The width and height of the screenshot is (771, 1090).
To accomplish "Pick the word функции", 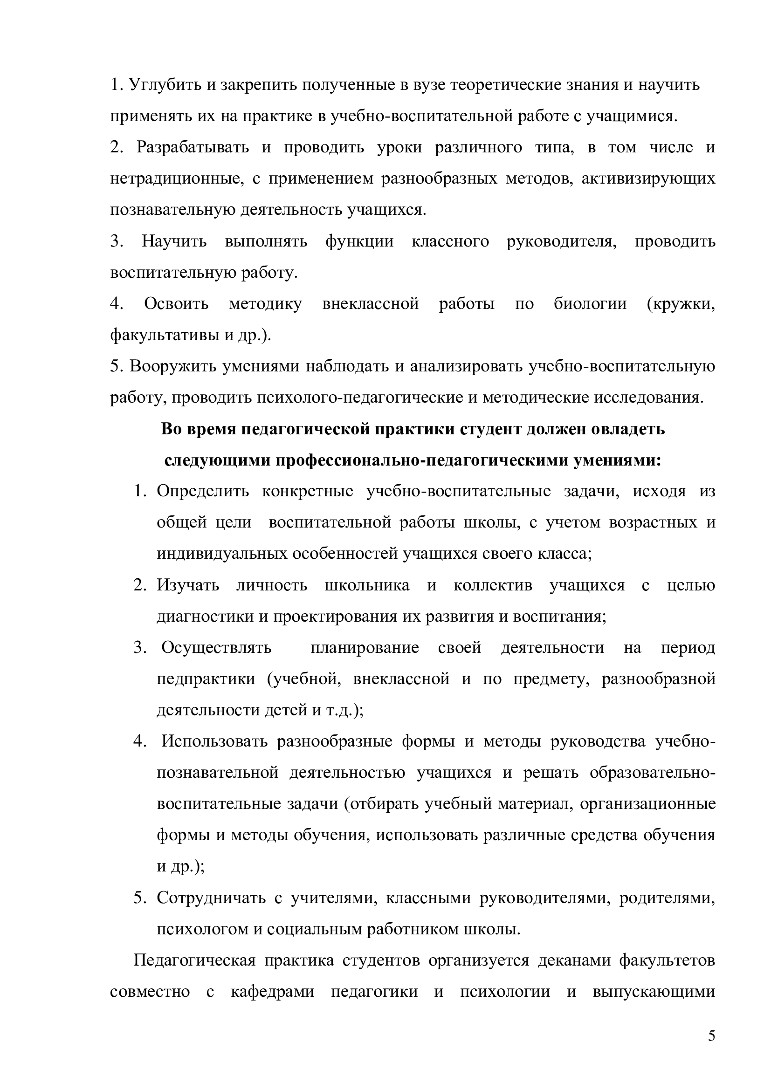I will coord(359,242).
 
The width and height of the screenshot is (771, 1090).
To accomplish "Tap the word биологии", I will coord(590,304).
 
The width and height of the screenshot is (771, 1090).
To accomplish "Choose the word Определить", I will coord(203,491).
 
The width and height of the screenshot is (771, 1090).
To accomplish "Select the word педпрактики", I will coord(206,679).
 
